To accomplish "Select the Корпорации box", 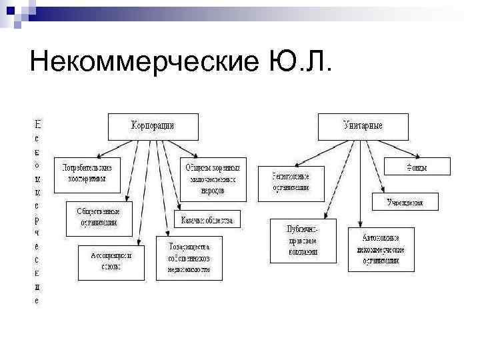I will [153, 126].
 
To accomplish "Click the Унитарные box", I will [363, 126].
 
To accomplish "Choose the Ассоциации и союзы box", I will [111, 261].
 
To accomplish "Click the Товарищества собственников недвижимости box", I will [189, 257].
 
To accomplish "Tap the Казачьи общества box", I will [207, 221].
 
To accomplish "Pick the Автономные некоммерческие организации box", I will [381, 247].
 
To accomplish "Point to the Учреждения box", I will [405, 201].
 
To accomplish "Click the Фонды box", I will [417, 166].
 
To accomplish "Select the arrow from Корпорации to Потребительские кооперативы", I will [113, 146].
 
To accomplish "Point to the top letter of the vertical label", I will [37, 124].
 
